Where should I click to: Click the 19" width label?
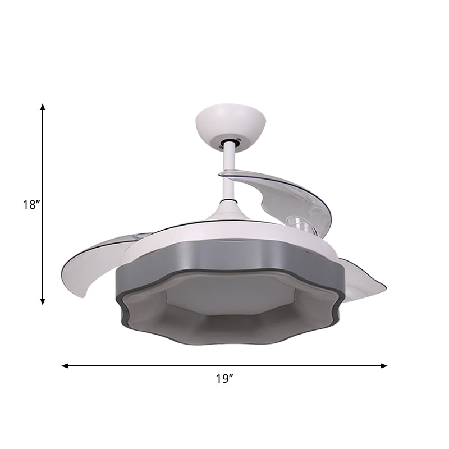tap(224, 379)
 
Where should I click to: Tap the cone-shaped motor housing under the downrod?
tap(229, 212)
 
